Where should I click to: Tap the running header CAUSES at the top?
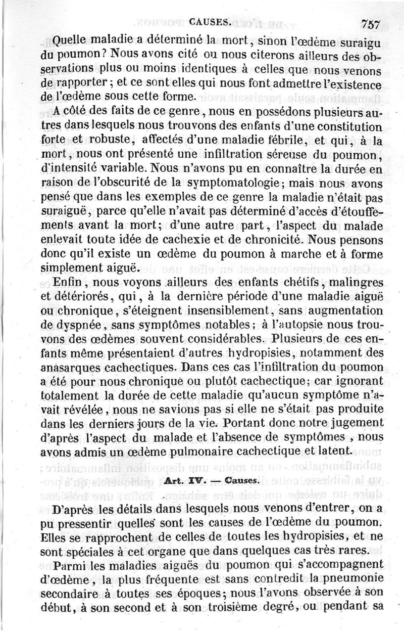(211, 23)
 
